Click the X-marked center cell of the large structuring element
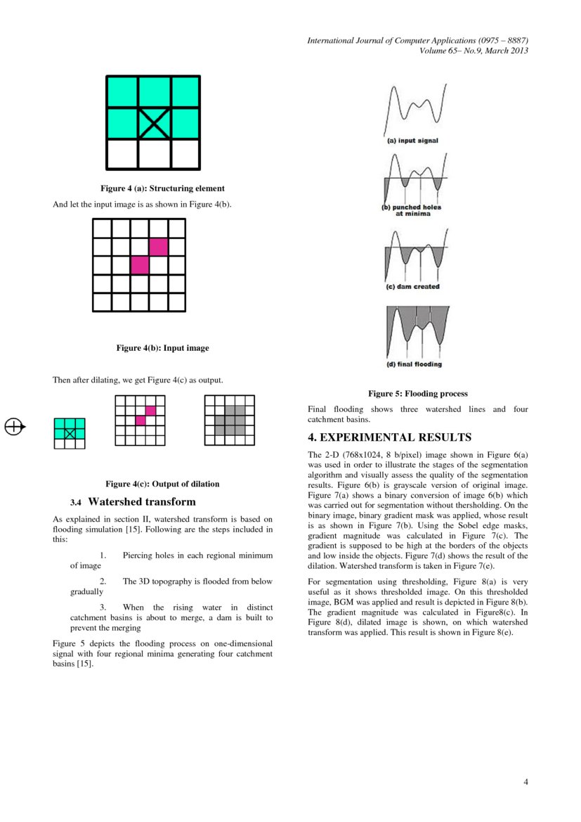point(153,123)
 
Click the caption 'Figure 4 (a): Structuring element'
point(162,188)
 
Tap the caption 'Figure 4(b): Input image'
point(162,348)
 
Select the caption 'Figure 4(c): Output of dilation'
point(162,484)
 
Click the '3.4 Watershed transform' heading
point(133,502)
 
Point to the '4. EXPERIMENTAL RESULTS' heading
point(389,437)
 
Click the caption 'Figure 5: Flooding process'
point(418,394)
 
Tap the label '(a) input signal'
point(414,141)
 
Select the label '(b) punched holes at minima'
point(412,210)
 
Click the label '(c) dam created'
point(413,287)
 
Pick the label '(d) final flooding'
point(414,364)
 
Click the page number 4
point(525,782)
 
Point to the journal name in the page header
point(417,41)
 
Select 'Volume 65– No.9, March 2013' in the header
point(474,51)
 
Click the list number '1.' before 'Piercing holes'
point(103,556)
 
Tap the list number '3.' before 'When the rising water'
point(103,607)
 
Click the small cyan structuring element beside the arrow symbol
point(70,433)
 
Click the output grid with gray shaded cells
point(230,420)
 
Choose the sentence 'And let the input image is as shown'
point(143,205)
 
